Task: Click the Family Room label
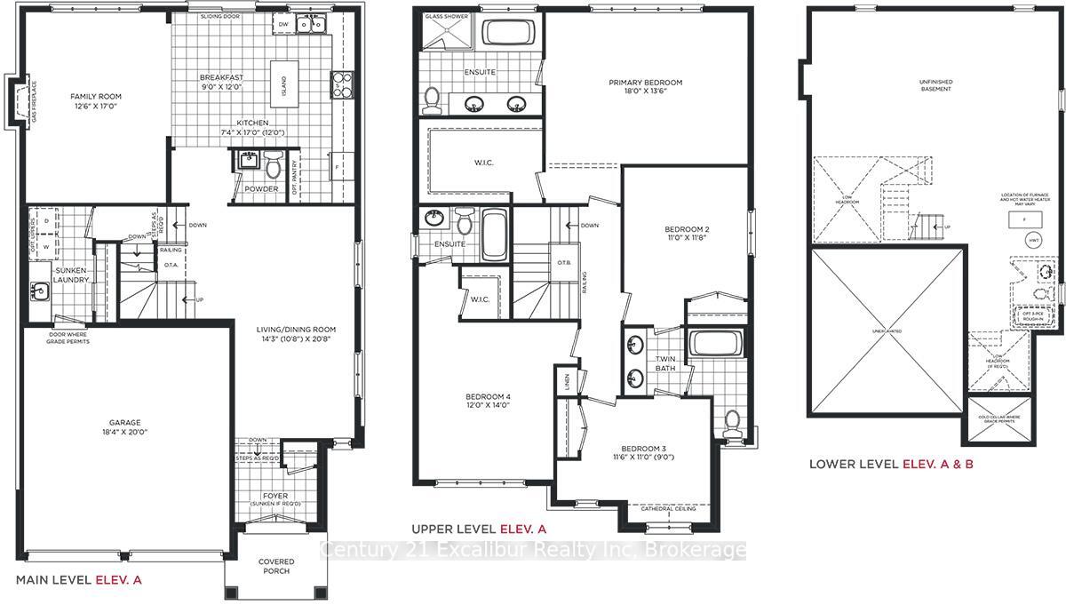tap(96, 96)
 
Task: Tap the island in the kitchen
tap(284, 87)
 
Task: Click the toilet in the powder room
tap(274, 165)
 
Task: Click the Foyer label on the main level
tap(275, 496)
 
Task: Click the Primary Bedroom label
tap(645, 83)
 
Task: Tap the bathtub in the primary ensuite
tap(507, 34)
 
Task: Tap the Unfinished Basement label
tap(935, 84)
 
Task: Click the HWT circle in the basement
tap(1033, 240)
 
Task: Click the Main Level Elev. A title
tap(79, 579)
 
